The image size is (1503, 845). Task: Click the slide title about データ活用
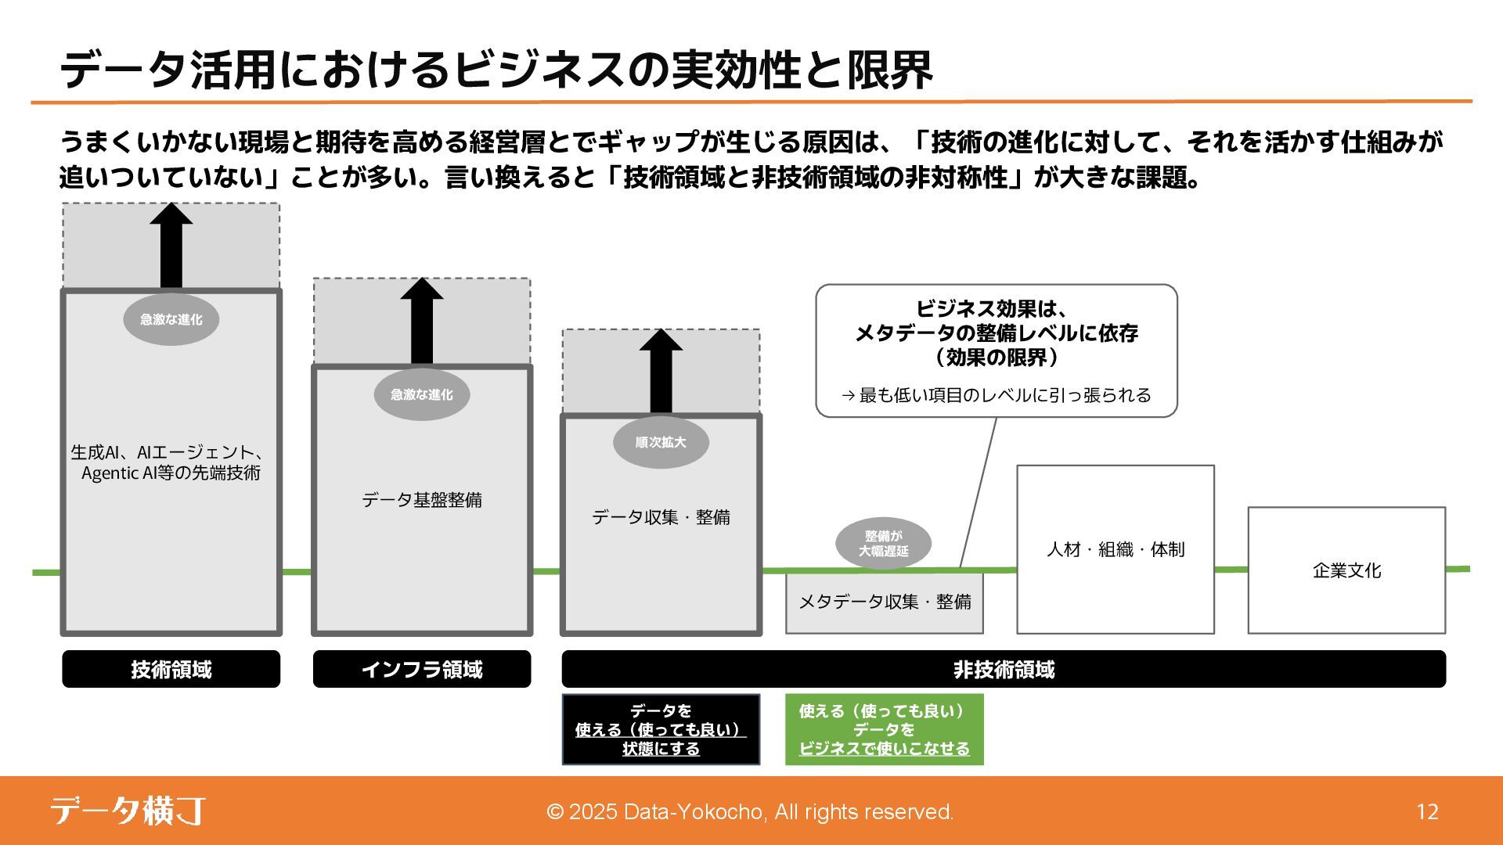(496, 69)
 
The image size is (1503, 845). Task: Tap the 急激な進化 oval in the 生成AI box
(171, 319)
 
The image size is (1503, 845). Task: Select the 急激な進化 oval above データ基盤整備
(421, 394)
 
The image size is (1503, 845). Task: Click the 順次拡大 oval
(661, 442)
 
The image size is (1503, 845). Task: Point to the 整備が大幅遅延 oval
(883, 543)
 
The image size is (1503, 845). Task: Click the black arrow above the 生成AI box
(171, 246)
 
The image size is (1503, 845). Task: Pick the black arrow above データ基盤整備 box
(421, 321)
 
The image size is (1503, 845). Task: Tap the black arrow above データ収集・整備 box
(661, 371)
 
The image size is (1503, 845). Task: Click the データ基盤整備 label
(421, 500)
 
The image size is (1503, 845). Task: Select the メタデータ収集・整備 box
(885, 602)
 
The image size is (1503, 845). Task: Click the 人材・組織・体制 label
(1116, 550)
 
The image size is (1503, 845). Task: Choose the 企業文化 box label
(1346, 570)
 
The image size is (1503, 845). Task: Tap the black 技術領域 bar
(171, 670)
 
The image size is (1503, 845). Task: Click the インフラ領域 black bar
(421, 670)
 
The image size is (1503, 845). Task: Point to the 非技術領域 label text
(1004, 670)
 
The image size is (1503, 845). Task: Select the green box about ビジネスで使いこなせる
(884, 729)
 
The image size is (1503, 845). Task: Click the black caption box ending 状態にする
(661, 729)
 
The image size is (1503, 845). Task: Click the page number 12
(1427, 812)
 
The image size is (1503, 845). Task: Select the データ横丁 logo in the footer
(128, 811)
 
